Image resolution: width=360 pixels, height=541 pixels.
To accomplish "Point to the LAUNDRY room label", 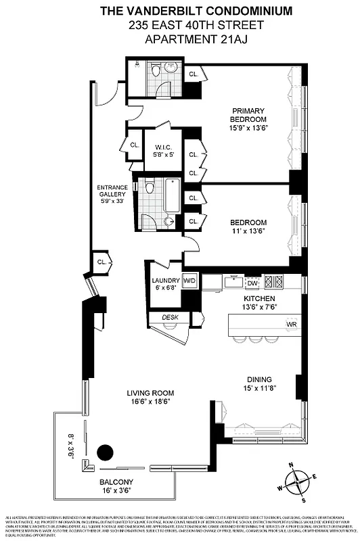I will pyautogui.click(x=166, y=280).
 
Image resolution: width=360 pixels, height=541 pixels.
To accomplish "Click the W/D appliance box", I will pyautogui.click(x=189, y=281).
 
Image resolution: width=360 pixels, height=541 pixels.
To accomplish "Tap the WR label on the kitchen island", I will pyautogui.click(x=292, y=324).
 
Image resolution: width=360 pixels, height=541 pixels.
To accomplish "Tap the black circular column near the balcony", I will pyautogui.click(x=106, y=453).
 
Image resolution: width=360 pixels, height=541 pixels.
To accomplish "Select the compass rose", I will pyautogui.click(x=297, y=482).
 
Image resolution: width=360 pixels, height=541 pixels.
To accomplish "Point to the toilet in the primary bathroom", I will pyautogui.click(x=156, y=71).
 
